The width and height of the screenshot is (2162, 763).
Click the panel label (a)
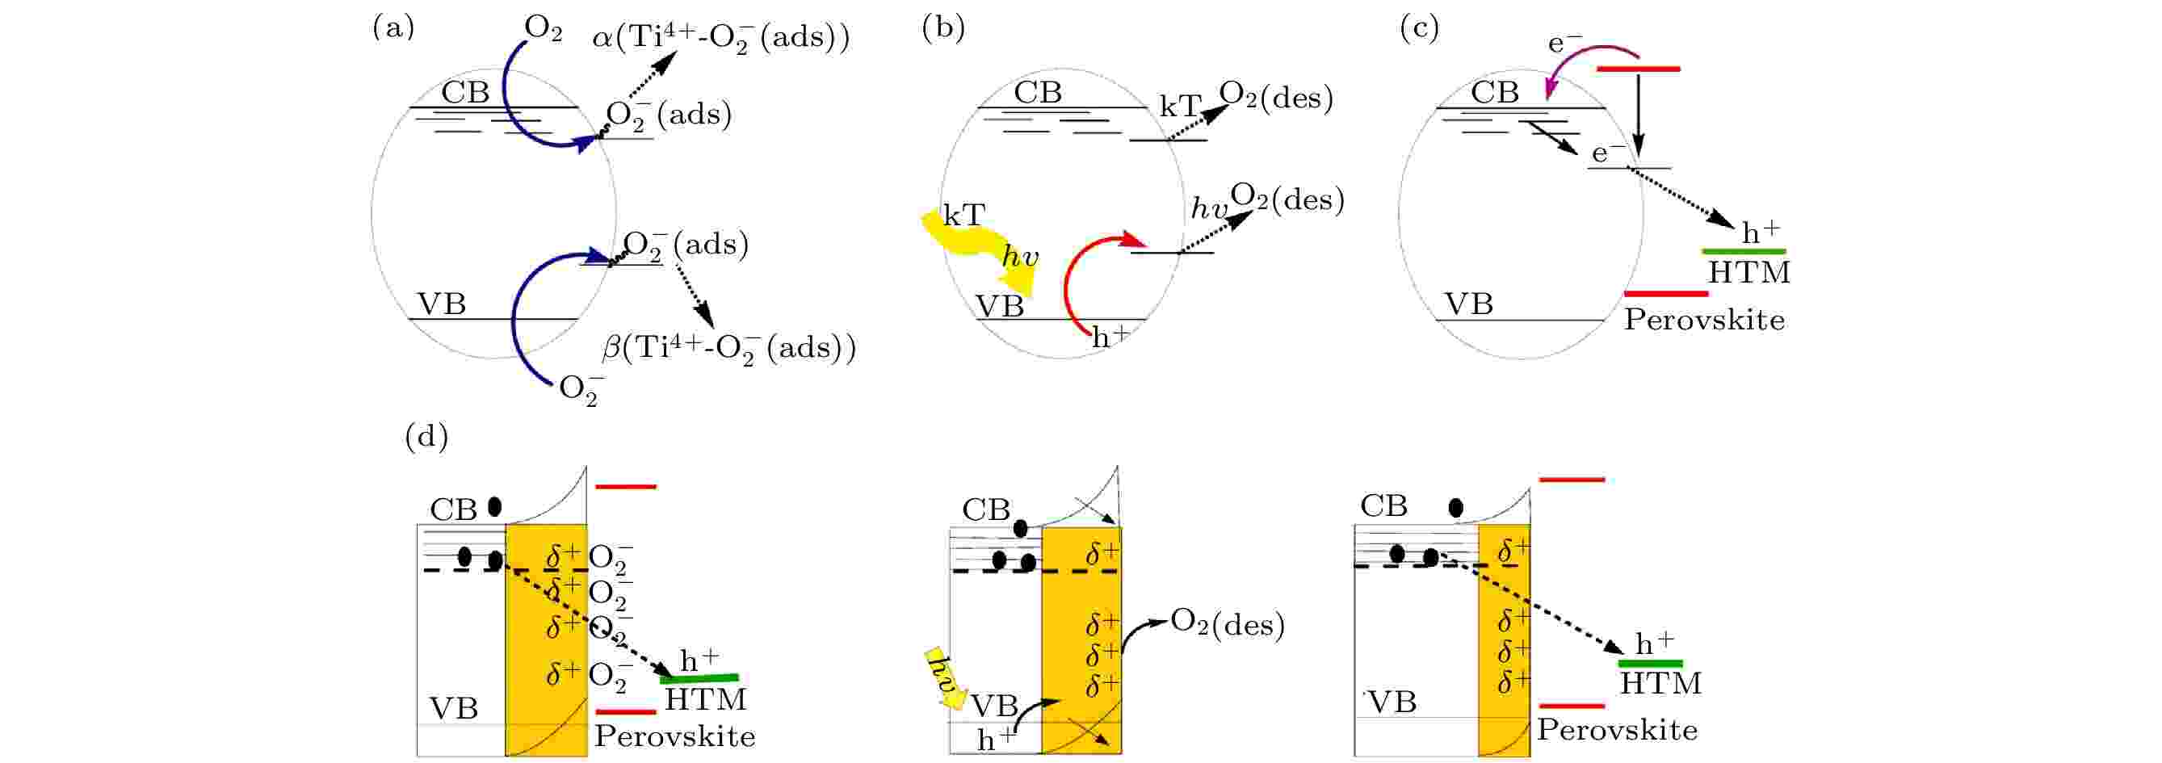click(393, 28)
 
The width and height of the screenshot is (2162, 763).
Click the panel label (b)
click(943, 28)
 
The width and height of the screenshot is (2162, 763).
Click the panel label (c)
click(1419, 28)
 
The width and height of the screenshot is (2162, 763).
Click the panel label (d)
click(426, 437)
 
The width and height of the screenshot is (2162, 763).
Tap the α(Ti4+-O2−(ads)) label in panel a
click(721, 39)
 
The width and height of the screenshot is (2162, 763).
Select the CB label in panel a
click(465, 92)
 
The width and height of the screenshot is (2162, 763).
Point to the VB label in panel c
click(1468, 304)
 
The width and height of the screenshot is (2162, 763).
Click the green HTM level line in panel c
click(1743, 251)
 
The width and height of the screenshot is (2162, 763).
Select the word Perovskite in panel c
click(1704, 320)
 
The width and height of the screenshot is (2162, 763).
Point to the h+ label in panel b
click(1110, 337)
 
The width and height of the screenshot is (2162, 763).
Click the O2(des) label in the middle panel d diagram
click(1227, 623)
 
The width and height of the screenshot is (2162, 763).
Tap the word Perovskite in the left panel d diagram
click(675, 736)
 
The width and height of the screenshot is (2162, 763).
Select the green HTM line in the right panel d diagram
click(1650, 663)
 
